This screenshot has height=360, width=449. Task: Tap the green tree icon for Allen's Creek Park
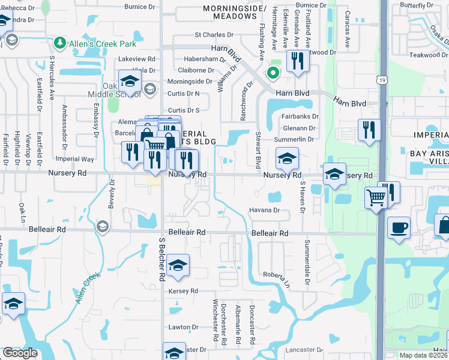pos(59,43)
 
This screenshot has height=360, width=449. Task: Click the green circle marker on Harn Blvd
pos(273,74)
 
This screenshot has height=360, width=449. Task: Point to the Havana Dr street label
pos(265,210)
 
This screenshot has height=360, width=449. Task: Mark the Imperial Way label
pos(75,160)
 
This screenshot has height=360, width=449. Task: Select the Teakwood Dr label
pos(426,55)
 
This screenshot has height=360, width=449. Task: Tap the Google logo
pos(20,353)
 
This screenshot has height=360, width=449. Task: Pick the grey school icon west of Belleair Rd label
pos(102,226)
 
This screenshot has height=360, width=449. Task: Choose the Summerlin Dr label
pos(295,140)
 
